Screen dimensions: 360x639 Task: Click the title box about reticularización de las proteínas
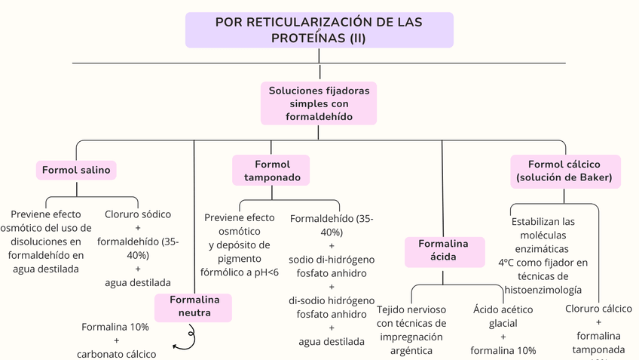319,30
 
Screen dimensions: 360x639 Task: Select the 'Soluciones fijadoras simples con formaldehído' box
319,103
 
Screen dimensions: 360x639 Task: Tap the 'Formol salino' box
76,170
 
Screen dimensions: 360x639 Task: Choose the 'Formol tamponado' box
272,171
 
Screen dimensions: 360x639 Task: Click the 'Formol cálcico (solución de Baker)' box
564,171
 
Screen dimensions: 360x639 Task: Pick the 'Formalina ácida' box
443,251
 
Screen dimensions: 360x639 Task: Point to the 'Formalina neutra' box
194,306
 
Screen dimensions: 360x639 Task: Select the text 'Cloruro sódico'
138,214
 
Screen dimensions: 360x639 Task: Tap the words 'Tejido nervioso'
411,309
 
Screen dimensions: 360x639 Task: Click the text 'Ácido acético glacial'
503,316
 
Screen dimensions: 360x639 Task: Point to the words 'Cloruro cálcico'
599,308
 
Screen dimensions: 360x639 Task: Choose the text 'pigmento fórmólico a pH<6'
239,265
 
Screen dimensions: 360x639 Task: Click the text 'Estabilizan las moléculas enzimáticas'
543,235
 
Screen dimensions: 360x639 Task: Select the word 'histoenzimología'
543,289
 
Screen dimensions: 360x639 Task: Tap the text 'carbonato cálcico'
116,353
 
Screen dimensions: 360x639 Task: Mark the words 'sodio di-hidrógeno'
332,259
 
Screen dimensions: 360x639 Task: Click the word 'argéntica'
411,350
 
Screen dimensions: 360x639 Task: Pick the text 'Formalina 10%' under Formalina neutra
115,327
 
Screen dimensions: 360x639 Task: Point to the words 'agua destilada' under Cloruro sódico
138,282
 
